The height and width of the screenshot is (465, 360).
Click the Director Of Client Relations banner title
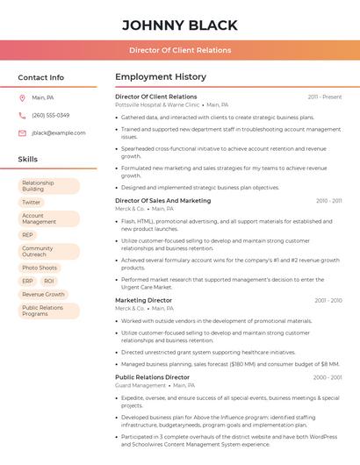(x=180, y=50)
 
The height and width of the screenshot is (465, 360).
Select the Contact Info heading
(x=40, y=77)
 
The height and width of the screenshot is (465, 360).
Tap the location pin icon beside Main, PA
(x=23, y=97)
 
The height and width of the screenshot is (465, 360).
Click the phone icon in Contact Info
(x=23, y=115)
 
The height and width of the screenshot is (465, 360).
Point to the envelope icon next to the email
(x=23, y=132)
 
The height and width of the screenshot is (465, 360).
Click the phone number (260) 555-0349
(x=50, y=115)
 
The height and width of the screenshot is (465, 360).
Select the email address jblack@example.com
(x=58, y=132)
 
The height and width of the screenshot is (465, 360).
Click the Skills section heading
(x=27, y=159)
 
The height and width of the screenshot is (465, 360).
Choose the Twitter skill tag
(x=32, y=202)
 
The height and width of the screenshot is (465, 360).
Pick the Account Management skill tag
(x=39, y=218)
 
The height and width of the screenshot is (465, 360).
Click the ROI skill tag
(x=49, y=281)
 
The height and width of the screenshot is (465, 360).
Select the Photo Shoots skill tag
(x=40, y=268)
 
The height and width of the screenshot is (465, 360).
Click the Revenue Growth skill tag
(x=43, y=295)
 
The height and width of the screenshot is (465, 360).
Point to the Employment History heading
(x=161, y=77)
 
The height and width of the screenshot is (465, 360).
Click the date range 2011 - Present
(x=324, y=97)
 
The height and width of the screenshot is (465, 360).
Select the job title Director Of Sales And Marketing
(x=162, y=200)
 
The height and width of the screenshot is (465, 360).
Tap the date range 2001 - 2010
(x=328, y=300)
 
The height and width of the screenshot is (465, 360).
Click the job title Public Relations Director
(x=152, y=376)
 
